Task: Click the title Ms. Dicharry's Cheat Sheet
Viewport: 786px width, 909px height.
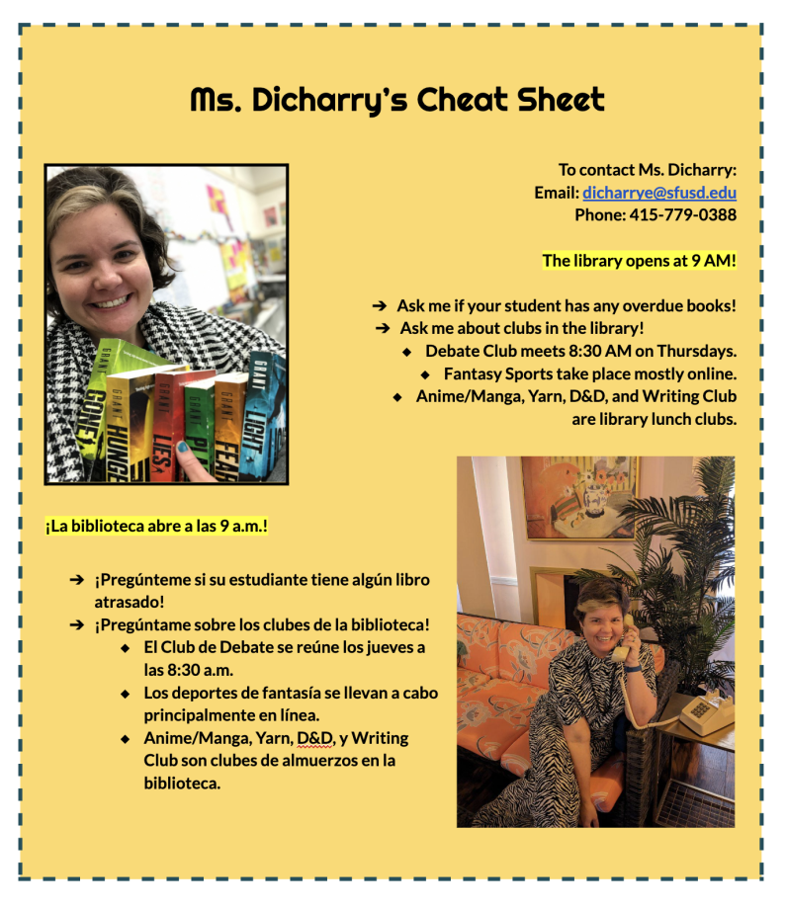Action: coord(396,100)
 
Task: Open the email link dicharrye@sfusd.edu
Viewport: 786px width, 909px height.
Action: coord(658,193)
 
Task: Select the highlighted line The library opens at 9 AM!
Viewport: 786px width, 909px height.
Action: coord(639,261)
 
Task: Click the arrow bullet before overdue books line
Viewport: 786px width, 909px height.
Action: coord(379,306)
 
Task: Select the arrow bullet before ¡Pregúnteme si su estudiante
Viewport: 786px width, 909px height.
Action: coord(77,580)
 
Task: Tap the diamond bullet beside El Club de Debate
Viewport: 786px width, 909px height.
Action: coord(125,648)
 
